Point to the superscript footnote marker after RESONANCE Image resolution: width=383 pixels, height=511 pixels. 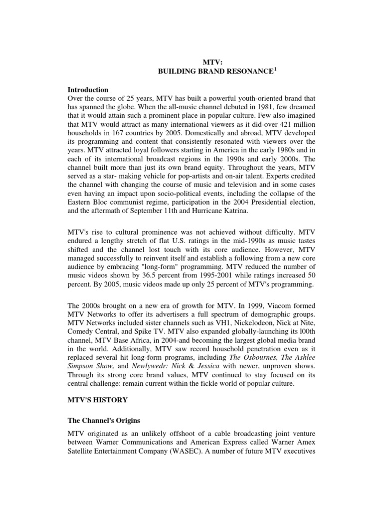pyautogui.click(x=274, y=70)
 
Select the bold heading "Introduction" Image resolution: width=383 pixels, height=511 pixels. pyautogui.click(x=88, y=90)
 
